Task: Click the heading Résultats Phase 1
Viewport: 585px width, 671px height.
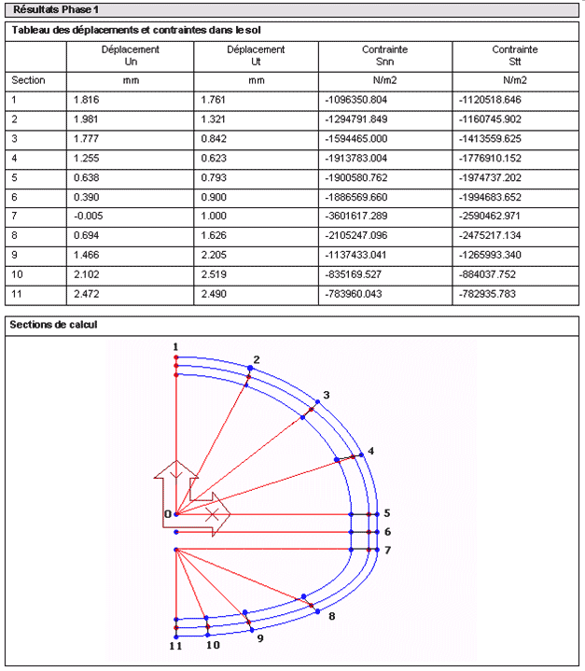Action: coord(56,9)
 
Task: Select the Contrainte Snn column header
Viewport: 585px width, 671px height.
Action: coord(384,55)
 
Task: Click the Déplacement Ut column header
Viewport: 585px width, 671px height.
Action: coord(256,55)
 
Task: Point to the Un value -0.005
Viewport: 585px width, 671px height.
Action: coord(87,215)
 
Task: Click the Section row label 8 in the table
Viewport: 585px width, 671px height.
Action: coord(14,234)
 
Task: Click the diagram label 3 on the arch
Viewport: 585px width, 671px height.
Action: coord(327,395)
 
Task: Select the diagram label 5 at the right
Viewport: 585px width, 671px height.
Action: coord(386,513)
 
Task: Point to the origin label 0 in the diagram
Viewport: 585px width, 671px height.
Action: coord(167,514)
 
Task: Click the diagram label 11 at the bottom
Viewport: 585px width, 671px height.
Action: coord(174,645)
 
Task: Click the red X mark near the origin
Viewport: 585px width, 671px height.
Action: coord(213,514)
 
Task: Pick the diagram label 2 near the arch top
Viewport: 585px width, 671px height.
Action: coord(257,359)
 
